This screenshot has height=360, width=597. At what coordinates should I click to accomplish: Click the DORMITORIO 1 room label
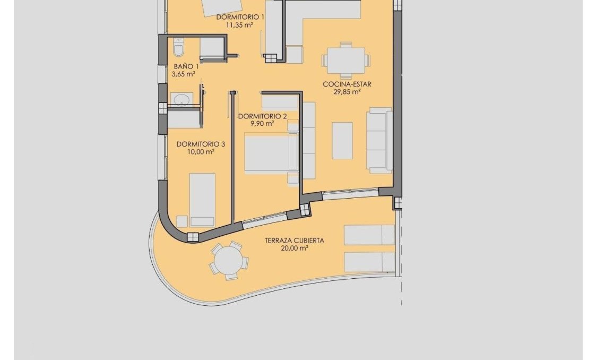click(x=240, y=17)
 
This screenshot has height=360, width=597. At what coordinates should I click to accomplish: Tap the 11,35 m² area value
click(x=240, y=24)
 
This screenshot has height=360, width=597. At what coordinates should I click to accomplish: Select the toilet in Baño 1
click(x=178, y=48)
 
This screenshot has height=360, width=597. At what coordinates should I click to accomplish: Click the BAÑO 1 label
click(x=186, y=66)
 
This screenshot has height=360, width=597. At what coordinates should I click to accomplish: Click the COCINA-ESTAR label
click(x=347, y=84)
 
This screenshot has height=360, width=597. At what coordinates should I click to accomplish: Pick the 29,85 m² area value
click(x=347, y=91)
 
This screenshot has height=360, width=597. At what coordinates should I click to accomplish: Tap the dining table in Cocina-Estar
click(x=346, y=61)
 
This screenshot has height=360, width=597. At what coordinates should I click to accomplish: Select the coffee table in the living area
click(x=342, y=140)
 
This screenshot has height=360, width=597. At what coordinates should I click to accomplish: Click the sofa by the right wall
click(x=379, y=140)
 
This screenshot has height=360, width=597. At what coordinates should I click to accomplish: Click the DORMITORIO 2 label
click(x=262, y=116)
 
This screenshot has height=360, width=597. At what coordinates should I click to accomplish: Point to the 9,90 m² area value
click(x=262, y=124)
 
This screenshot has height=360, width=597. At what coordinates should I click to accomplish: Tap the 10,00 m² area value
click(x=201, y=152)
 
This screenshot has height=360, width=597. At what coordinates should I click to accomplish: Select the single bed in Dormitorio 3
click(x=203, y=199)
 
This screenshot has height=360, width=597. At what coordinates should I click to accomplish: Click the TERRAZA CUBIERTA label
click(x=294, y=241)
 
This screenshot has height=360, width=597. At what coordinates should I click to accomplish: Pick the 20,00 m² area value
click(x=294, y=248)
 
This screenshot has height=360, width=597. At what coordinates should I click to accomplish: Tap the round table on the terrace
click(x=229, y=261)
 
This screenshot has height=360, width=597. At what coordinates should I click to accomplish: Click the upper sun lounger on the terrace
click(x=369, y=235)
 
